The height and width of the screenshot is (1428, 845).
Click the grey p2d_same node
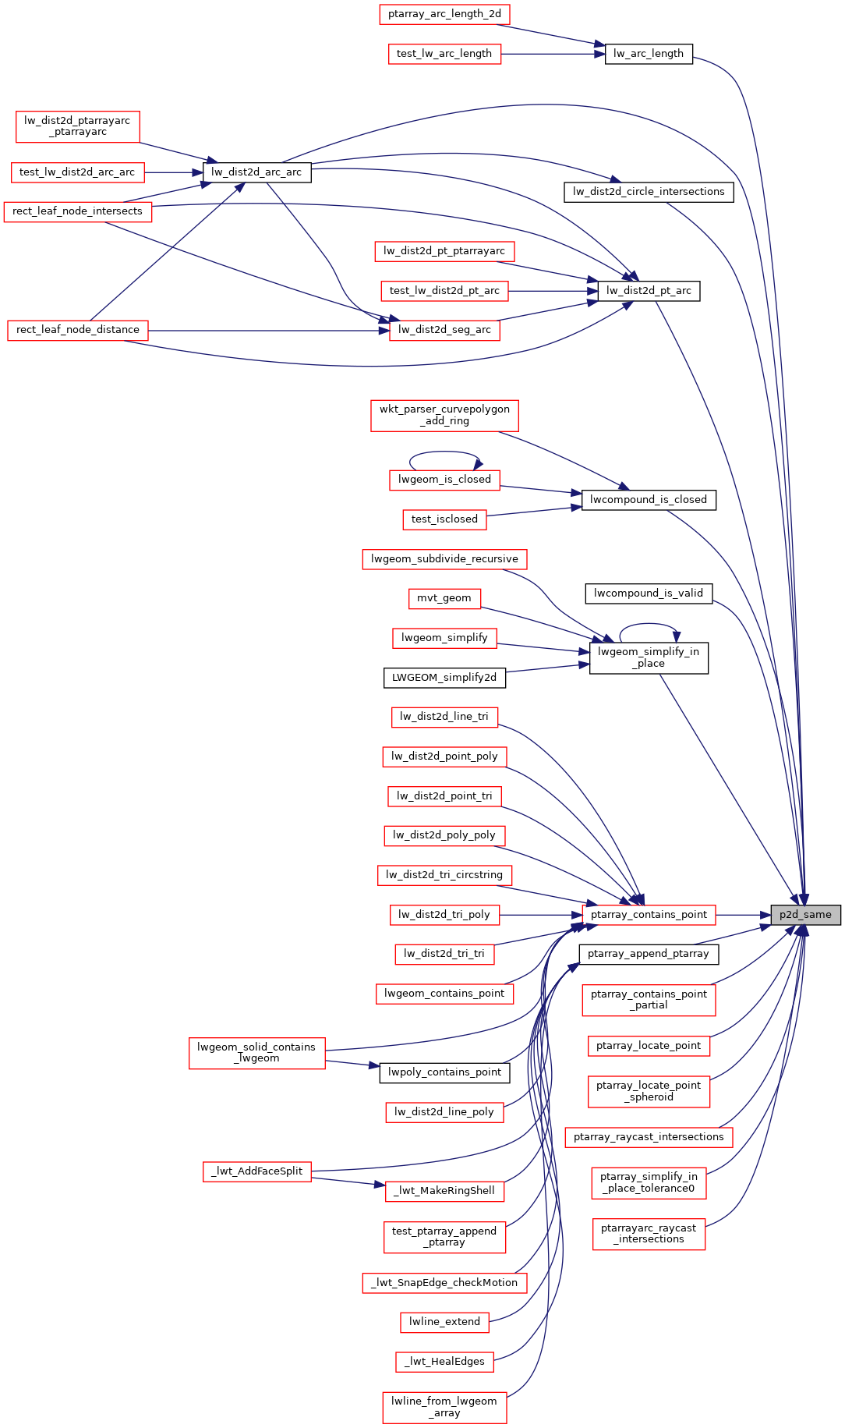point(805,915)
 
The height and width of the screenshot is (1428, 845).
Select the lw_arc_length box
point(649,54)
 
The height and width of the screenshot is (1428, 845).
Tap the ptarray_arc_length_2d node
point(444,14)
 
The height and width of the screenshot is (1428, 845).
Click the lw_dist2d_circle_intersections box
point(649,192)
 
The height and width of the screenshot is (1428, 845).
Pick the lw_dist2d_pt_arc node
point(649,291)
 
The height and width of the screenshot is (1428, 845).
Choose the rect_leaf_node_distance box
point(78,330)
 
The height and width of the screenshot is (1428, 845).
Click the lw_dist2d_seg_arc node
point(444,330)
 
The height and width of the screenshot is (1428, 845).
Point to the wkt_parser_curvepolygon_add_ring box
point(444,415)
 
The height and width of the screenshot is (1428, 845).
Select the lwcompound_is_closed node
point(649,500)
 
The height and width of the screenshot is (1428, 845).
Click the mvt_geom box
point(444,598)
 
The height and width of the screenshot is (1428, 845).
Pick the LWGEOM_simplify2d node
point(444,678)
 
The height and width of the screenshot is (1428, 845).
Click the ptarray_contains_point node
point(649,915)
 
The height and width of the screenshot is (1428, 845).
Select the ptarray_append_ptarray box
point(649,954)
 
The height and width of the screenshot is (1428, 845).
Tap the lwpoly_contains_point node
point(444,1072)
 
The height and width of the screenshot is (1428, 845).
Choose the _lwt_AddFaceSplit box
point(257,1171)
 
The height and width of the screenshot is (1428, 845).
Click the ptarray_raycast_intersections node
point(649,1137)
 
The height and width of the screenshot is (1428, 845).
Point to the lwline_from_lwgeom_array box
point(444,1407)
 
